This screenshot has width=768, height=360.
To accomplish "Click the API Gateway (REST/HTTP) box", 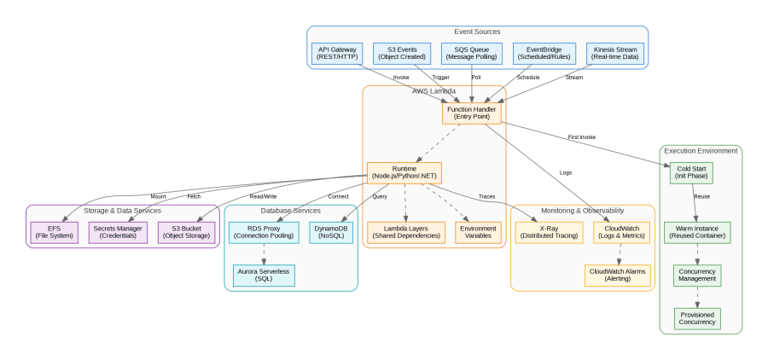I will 338,53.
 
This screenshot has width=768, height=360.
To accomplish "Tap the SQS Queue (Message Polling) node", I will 472,53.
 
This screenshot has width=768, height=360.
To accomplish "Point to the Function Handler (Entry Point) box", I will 472,113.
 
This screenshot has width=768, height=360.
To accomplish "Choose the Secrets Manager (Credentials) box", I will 118,232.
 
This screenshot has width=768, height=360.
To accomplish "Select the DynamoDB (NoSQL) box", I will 331,232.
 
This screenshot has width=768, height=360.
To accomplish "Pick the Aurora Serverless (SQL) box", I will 264,275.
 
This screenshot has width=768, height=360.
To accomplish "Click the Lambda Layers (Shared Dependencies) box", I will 406,232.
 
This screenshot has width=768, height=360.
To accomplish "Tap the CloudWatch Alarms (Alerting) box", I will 618,275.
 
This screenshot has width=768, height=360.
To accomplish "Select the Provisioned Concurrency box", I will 697,318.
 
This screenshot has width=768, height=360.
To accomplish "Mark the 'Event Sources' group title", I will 477,32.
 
